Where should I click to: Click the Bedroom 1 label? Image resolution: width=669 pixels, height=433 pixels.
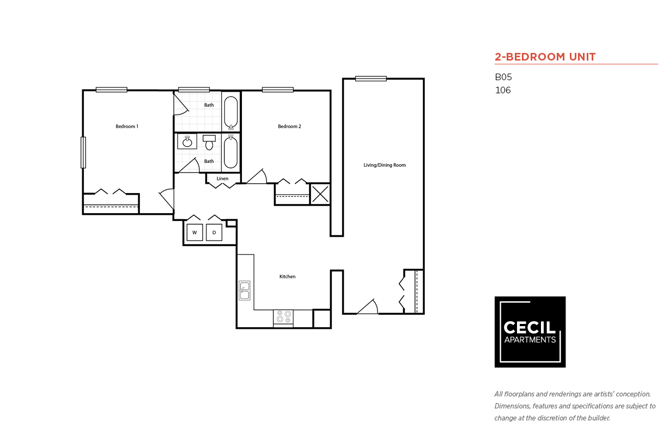tap(126, 127)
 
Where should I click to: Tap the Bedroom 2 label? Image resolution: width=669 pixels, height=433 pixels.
tap(289, 127)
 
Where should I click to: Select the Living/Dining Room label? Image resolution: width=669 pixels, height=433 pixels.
tap(385, 165)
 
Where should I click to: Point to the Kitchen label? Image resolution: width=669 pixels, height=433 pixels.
tap(287, 276)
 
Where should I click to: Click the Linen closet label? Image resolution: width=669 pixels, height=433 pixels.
tap(222, 179)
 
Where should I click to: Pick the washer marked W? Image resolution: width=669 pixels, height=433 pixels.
tap(195, 232)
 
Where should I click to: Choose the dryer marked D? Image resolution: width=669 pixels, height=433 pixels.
tap(214, 232)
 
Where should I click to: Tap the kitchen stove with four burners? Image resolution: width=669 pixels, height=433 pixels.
tap(283, 317)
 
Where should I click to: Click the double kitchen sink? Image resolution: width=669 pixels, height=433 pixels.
tap(245, 291)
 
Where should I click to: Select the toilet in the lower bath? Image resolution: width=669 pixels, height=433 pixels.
tap(209, 143)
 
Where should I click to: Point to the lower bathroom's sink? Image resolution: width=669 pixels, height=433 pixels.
tap(187, 142)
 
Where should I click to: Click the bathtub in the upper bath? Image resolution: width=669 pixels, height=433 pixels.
tap(231, 112)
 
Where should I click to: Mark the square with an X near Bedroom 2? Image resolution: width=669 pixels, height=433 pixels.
tap(320, 194)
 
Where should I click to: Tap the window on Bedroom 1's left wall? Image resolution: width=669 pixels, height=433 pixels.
tap(83, 152)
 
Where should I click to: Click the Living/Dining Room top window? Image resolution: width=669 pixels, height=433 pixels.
tap(371, 79)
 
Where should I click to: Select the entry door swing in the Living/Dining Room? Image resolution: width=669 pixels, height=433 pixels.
tap(368, 307)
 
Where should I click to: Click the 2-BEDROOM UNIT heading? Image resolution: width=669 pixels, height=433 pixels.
tap(545, 57)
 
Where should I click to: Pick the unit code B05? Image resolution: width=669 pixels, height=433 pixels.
tap(503, 77)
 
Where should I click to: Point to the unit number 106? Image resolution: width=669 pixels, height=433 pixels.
tap(502, 91)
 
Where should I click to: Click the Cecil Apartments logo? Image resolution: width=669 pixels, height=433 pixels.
tap(530, 332)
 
